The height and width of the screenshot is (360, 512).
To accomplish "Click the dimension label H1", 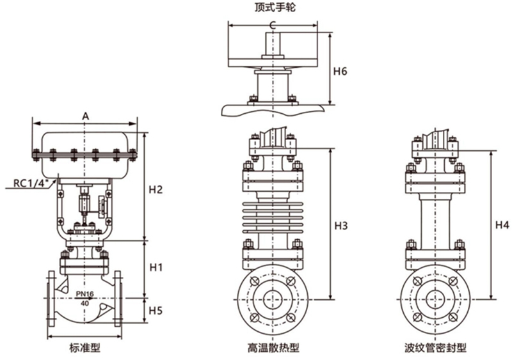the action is click(x=156, y=268).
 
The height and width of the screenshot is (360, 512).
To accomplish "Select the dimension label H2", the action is click(x=156, y=190).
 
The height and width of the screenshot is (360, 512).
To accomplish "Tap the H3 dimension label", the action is click(x=341, y=226).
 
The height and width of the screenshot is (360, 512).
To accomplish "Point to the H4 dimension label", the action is click(x=502, y=225).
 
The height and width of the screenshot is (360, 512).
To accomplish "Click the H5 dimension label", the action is click(x=156, y=310).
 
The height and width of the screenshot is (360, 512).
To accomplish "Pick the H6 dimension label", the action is click(x=340, y=71).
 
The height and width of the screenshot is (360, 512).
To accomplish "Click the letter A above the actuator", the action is click(x=85, y=116).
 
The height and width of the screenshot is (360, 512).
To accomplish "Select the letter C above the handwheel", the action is click(x=273, y=25).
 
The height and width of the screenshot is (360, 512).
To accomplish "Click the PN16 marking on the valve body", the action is click(x=85, y=293).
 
